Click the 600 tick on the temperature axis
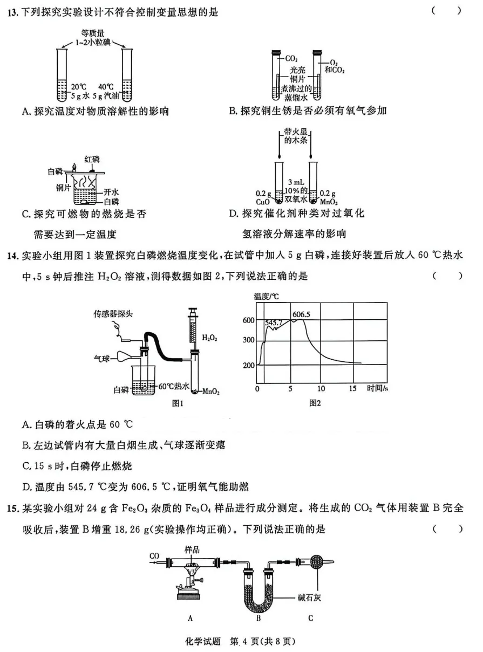pos(248,320)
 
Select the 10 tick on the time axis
pos(322,388)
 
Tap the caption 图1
pos(178,402)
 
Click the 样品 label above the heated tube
pos(192,549)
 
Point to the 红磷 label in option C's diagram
pos(92,159)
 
